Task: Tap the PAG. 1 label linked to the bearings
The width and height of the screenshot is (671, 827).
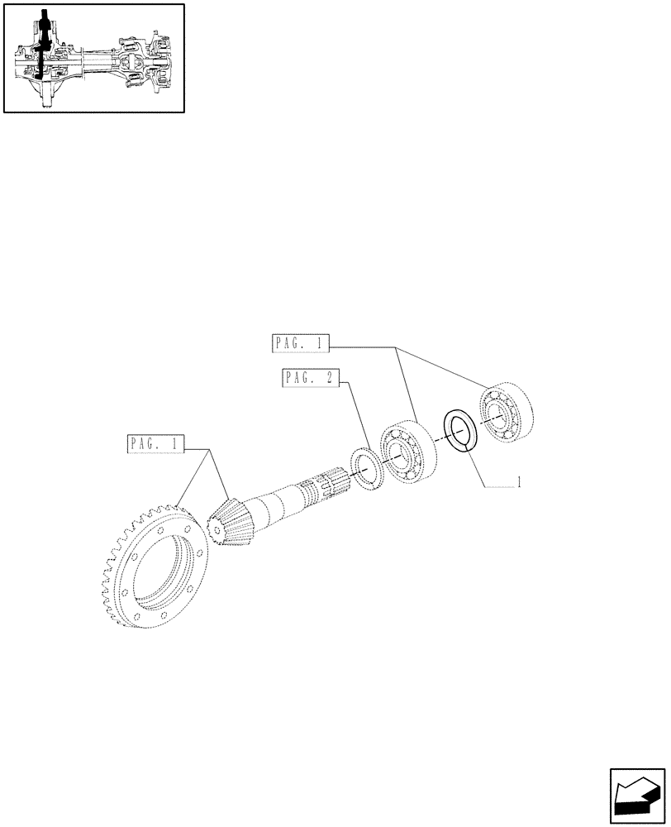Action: (299, 342)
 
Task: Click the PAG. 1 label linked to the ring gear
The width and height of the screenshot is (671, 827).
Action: (157, 444)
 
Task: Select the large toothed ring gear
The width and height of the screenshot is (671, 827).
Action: (157, 571)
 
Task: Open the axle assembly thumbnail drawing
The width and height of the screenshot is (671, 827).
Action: (93, 58)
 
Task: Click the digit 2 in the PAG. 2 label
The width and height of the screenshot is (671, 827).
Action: (330, 378)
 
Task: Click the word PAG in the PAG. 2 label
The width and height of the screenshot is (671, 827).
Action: (298, 378)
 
